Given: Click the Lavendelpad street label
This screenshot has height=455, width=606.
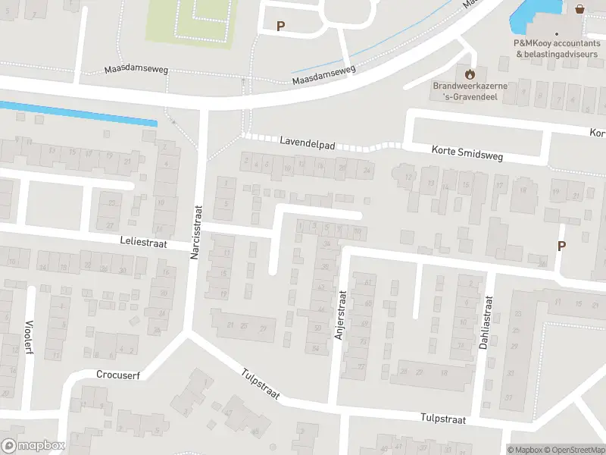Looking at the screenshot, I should [307, 141].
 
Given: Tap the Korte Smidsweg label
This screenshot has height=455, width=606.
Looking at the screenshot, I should [467, 152].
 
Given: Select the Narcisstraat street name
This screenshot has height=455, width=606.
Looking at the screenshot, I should [195, 233].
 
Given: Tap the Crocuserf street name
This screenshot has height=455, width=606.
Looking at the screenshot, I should [119, 374].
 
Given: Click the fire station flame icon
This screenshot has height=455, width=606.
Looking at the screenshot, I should [470, 74].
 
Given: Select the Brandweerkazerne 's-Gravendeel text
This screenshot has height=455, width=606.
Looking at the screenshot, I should [470, 91].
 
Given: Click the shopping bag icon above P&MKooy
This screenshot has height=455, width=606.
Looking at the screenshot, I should [579, 9].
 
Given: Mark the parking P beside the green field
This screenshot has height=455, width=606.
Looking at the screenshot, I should [280, 26].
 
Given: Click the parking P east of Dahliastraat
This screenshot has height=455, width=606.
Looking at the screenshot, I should [561, 246].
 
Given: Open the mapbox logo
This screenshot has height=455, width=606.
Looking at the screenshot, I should [33, 446].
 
